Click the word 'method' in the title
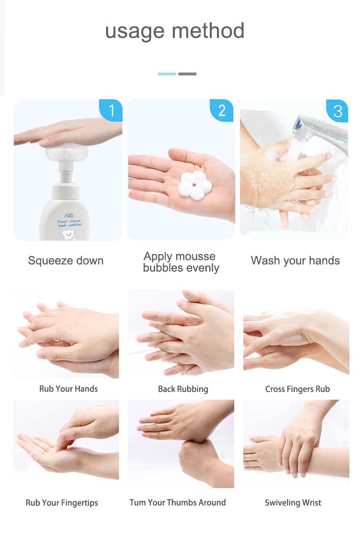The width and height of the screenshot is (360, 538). pyautogui.click(x=208, y=31)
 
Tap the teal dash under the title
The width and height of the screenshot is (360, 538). pyautogui.click(x=167, y=74)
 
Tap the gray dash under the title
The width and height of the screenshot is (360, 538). pyautogui.click(x=187, y=74)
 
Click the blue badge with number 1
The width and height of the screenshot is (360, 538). pyautogui.click(x=111, y=110)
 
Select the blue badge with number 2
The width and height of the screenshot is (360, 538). pyautogui.click(x=221, y=110)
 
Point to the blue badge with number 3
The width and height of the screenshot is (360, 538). pyautogui.click(x=337, y=111)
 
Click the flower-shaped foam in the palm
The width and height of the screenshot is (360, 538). pyautogui.click(x=194, y=185)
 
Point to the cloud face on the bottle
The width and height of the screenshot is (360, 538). pyautogui.click(x=68, y=235)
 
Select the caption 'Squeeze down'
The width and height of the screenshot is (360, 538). pyautogui.click(x=66, y=261)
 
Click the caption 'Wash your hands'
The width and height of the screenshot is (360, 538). pyautogui.click(x=295, y=261)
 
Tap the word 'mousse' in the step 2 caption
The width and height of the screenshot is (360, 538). pyautogui.click(x=195, y=257)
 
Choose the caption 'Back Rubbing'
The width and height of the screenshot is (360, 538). pyautogui.click(x=183, y=389)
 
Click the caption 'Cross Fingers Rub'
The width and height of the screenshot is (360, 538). pyautogui.click(x=298, y=389)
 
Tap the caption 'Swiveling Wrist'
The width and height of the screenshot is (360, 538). pyautogui.click(x=293, y=503)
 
